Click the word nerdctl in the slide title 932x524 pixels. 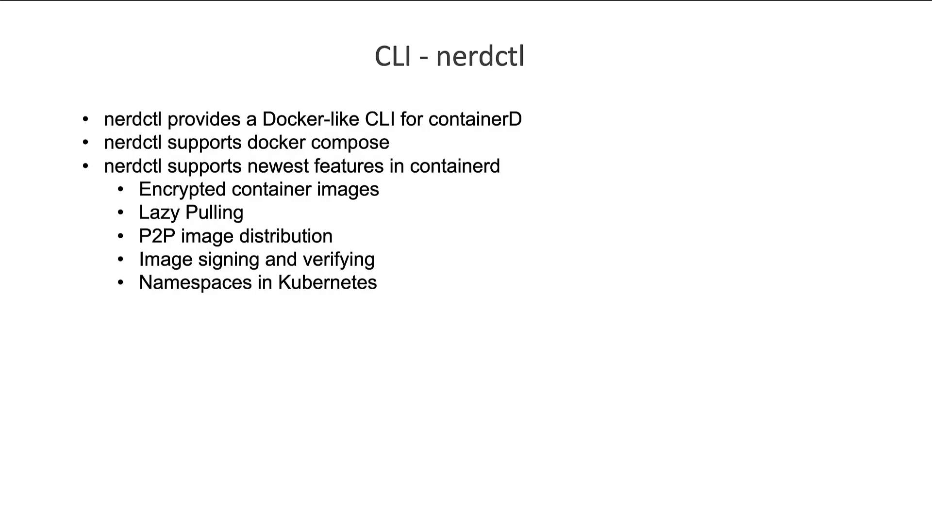(480, 56)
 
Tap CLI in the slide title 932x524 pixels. (393, 56)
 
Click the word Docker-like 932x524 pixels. (311, 119)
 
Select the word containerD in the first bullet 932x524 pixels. (475, 119)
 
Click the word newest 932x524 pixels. (278, 166)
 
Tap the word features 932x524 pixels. (349, 166)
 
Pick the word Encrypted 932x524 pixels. (183, 190)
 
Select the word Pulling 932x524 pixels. (215, 213)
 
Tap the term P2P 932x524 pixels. (157, 236)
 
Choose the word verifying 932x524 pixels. (339, 260)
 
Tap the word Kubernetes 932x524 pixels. (328, 282)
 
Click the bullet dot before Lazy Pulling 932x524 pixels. (120, 213)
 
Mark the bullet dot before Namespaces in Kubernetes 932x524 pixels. (120, 282)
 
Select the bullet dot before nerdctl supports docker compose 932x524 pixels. (85, 142)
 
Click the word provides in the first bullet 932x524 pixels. (204, 119)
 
